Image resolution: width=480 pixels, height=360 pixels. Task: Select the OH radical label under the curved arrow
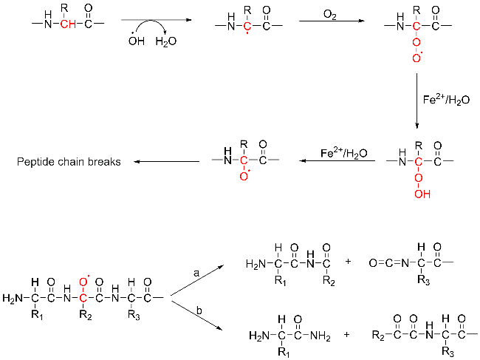(x=137, y=43)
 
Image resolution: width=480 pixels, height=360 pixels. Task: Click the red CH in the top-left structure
(x=69, y=24)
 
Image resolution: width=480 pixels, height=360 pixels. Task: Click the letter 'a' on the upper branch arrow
(x=196, y=273)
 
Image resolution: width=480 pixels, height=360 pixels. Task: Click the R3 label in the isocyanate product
(x=422, y=281)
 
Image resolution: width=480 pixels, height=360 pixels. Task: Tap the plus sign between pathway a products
(x=348, y=261)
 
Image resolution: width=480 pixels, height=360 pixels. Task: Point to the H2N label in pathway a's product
(x=254, y=261)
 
